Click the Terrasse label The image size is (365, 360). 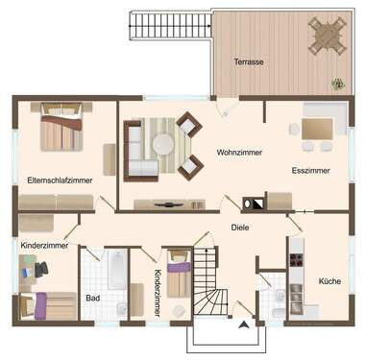[x=248, y=62]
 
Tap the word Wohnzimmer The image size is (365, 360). [x=239, y=152]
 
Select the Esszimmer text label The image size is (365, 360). [x=310, y=170]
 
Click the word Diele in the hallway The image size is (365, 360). [x=240, y=228]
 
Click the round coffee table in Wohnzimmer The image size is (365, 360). [x=163, y=145]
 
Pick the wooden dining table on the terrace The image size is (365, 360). [x=327, y=37]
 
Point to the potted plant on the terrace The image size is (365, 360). [x=338, y=84]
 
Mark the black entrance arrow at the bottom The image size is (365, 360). [x=244, y=324]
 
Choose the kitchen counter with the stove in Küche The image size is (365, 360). [x=296, y=278]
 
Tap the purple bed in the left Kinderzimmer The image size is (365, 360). [x=48, y=307]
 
